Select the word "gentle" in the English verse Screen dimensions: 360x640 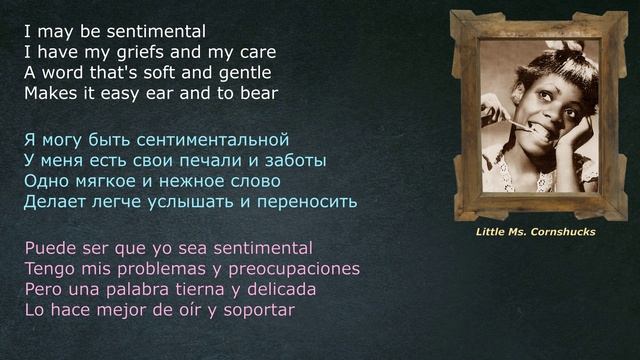click(241, 73)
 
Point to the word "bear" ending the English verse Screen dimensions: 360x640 click(257, 94)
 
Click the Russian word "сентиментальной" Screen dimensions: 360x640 click(212, 139)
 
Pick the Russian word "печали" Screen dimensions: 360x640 click(227, 160)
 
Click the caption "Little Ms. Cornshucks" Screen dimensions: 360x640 click(535, 232)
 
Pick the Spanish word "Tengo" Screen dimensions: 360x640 click(49, 268)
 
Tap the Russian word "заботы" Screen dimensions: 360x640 click(298, 160)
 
